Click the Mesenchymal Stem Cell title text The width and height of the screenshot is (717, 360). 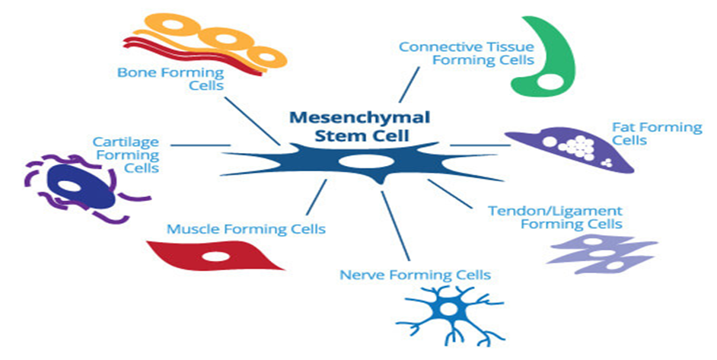[x=359, y=126]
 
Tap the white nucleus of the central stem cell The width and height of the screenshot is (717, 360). [x=356, y=161]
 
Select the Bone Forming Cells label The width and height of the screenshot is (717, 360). [x=170, y=79]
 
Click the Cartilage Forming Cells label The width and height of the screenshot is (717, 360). [x=126, y=155]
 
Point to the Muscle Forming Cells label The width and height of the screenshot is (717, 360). [x=246, y=228]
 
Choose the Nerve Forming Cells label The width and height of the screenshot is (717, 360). [x=415, y=274]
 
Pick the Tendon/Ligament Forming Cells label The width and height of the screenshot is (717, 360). [x=555, y=217]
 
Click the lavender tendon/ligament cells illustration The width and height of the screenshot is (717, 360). [x=601, y=251]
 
